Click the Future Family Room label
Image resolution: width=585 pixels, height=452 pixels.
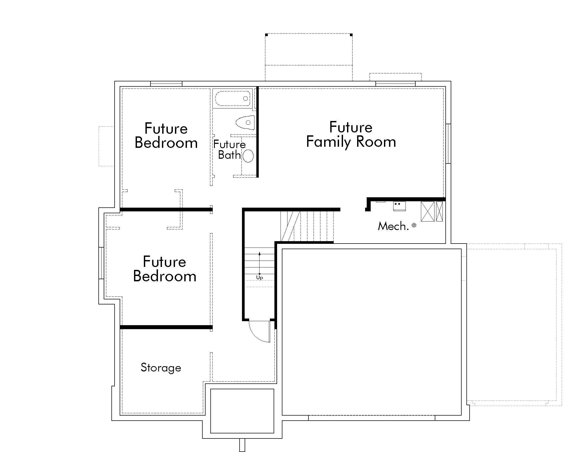[351, 135]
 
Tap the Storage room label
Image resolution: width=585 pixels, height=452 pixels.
[161, 368]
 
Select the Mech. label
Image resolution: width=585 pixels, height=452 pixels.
[393, 227]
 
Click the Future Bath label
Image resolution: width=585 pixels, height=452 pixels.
[229, 150]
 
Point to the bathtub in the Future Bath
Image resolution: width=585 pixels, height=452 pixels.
[232, 99]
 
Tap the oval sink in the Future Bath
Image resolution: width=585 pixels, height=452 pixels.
[248, 156]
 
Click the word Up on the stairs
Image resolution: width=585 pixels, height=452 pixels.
[259, 278]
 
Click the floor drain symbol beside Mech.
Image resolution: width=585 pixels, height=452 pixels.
[414, 225]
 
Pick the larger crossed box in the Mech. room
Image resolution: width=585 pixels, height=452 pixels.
[428, 212]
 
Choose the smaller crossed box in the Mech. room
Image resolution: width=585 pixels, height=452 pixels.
[439, 212]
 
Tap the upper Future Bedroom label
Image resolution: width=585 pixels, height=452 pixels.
[166, 136]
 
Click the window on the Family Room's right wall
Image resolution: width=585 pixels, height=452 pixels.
[448, 144]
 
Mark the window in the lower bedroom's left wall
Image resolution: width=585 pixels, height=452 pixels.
[101, 263]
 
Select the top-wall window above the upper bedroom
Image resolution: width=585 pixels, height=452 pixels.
[166, 84]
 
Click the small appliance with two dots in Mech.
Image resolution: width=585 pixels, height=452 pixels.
[399, 206]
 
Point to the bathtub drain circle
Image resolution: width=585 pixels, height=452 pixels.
[245, 99]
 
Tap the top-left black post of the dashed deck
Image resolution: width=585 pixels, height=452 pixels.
[266, 35]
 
